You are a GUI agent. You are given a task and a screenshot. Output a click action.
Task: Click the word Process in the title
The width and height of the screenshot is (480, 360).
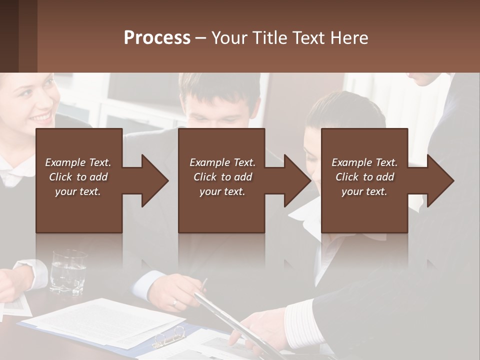pyautogui.click(x=157, y=37)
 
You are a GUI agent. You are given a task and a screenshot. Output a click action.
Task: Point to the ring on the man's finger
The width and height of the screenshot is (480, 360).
pyautogui.click(x=174, y=303)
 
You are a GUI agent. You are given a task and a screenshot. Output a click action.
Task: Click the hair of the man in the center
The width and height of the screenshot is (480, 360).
pyautogui.click(x=220, y=90)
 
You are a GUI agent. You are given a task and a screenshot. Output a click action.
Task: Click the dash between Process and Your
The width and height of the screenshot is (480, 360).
pyautogui.click(x=200, y=38)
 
